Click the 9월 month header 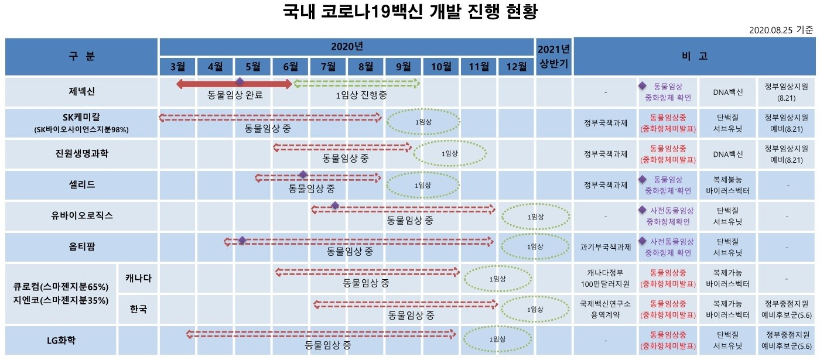click(404, 66)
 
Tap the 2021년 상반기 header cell click(553, 57)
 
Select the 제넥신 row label click(81, 91)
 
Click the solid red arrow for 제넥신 click(234, 85)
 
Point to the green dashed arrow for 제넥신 click(357, 83)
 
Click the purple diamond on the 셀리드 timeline click(303, 174)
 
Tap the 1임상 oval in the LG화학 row click(497, 339)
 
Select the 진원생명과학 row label click(81, 154)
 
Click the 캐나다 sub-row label click(138, 278)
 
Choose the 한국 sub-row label click(138, 309)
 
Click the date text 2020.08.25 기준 click(781, 29)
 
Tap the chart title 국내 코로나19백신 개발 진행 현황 click(409, 12)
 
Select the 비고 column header click(695, 56)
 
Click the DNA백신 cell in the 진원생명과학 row click(728, 155)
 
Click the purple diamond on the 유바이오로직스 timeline click(335, 205)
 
